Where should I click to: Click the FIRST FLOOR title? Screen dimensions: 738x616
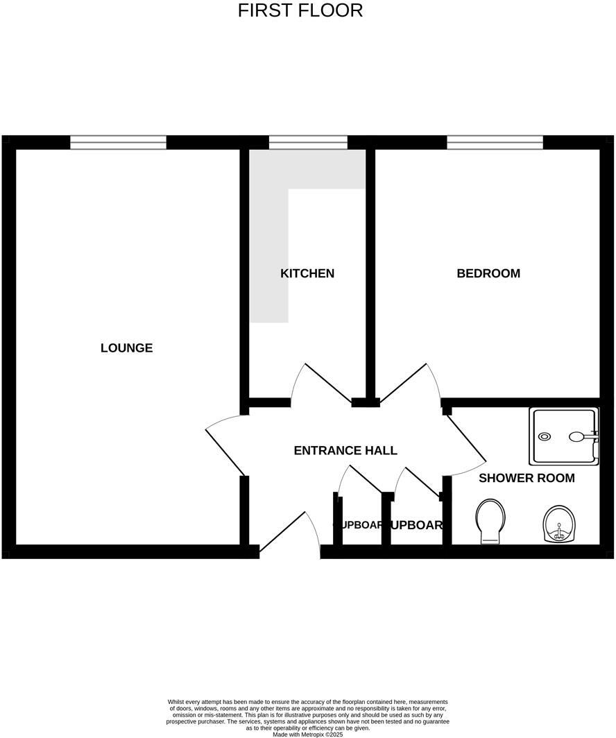click(x=300, y=11)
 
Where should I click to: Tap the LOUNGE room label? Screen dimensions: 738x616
click(x=126, y=348)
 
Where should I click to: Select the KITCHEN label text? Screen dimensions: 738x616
click(x=307, y=273)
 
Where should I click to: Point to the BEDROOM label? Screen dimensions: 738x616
click(x=488, y=273)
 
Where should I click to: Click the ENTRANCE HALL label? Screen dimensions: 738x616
click(x=345, y=451)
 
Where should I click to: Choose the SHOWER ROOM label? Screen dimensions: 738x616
click(x=527, y=478)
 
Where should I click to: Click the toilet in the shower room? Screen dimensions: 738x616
click(x=491, y=521)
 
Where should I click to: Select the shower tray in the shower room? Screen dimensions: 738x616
click(x=563, y=436)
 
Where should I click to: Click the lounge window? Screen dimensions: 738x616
click(x=118, y=142)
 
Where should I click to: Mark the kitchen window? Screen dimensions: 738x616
click(x=308, y=142)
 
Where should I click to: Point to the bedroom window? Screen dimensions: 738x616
click(x=495, y=142)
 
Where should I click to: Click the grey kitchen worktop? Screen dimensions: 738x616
click(x=269, y=250)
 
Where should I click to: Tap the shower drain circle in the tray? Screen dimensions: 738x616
click(x=545, y=437)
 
